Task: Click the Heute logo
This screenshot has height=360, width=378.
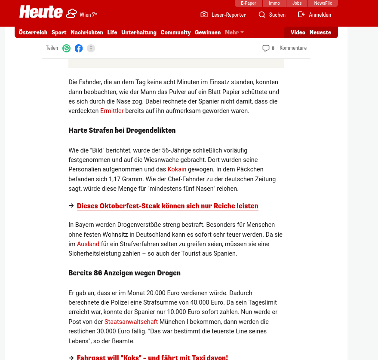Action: click(41, 12)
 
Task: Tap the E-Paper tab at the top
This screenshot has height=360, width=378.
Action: click(249, 3)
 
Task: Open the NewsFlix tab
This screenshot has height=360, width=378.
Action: click(323, 3)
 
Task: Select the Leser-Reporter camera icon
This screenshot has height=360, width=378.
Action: click(204, 15)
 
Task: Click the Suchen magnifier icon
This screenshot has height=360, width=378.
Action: click(262, 15)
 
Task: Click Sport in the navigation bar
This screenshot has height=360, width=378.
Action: click(59, 32)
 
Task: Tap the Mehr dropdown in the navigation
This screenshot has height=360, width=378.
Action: click(234, 32)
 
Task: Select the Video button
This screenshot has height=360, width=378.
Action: click(298, 32)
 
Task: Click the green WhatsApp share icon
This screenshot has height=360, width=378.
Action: click(66, 48)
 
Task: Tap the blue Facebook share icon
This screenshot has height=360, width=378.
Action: click(79, 48)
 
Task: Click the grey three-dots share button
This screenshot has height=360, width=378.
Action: click(91, 48)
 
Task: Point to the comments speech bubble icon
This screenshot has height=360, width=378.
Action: click(266, 48)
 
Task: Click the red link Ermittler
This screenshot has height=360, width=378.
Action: click(112, 111)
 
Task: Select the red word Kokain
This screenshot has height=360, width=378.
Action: click(177, 169)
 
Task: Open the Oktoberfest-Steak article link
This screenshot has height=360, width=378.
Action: click(167, 206)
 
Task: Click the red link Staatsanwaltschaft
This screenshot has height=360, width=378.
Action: click(131, 322)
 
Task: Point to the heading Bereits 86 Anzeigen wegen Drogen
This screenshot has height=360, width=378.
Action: click(124, 273)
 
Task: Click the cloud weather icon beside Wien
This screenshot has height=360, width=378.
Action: click(71, 14)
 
